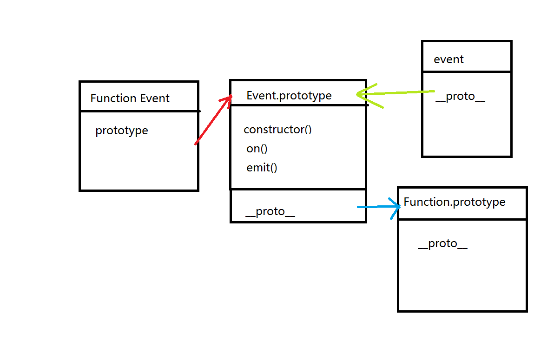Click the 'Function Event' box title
(x=130, y=98)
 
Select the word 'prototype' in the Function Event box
(x=121, y=131)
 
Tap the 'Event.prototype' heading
(x=289, y=96)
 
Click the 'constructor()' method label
(x=277, y=130)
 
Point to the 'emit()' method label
(x=262, y=168)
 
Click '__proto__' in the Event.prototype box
(x=270, y=211)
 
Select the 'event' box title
(x=448, y=59)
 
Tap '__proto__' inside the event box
(x=460, y=97)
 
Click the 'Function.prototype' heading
(x=454, y=202)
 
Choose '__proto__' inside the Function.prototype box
(x=442, y=244)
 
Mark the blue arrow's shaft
(x=374, y=207)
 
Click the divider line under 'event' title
(x=467, y=72)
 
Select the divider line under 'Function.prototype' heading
(x=462, y=219)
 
